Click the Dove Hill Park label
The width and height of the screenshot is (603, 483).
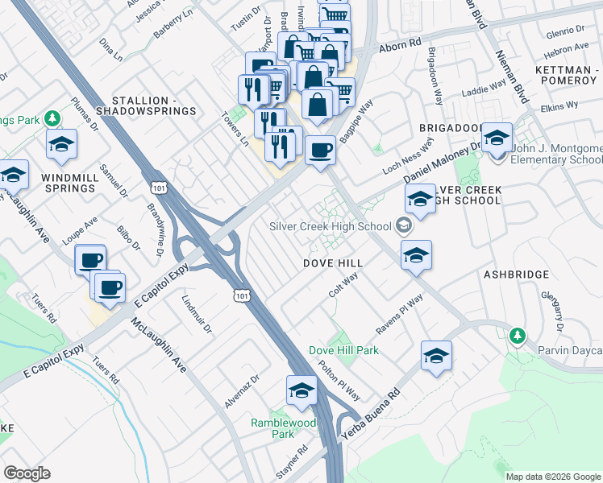click(x=343, y=351)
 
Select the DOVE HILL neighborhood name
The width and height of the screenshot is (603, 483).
click(x=332, y=263)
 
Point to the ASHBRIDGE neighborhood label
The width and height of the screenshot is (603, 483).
click(x=516, y=275)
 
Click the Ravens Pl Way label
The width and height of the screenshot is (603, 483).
click(x=399, y=316)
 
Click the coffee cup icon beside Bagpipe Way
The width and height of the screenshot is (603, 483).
click(x=321, y=150)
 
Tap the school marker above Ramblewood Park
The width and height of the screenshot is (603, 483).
click(x=301, y=390)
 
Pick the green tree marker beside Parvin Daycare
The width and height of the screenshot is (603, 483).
click(x=517, y=335)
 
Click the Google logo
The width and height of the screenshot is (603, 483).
click(x=27, y=473)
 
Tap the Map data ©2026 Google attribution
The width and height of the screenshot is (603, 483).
click(x=552, y=477)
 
